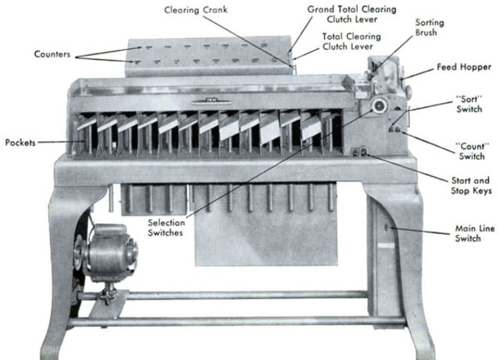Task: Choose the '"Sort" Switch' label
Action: click(x=470, y=105)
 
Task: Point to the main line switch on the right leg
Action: click(x=388, y=228)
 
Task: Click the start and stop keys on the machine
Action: click(x=360, y=151)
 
